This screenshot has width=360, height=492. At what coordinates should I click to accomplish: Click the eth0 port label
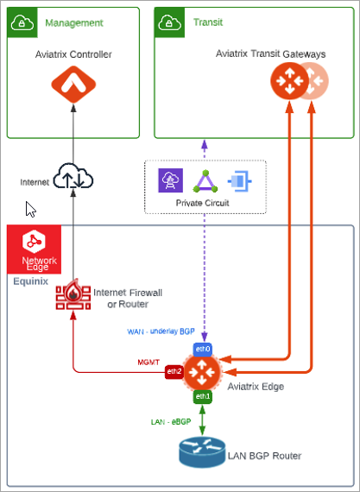pos(203,349)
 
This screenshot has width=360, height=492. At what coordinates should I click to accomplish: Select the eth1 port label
pos(203,396)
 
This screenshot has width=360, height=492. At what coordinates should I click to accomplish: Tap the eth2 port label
pos(175,371)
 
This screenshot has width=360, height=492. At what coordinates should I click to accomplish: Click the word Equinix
pos(31,280)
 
